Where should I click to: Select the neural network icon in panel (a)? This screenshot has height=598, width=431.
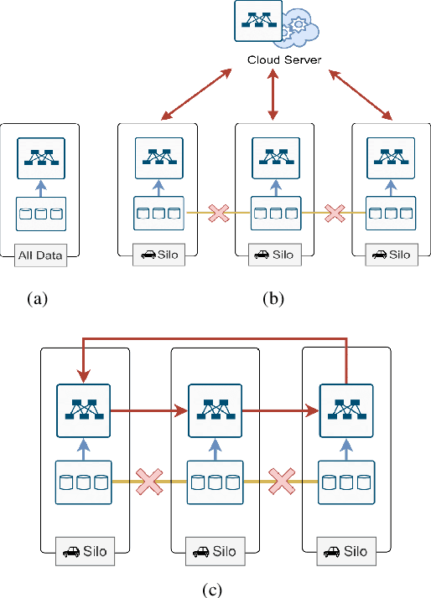(39, 157)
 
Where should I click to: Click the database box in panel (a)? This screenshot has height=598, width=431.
(39, 214)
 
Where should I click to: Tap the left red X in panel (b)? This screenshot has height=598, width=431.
(218, 214)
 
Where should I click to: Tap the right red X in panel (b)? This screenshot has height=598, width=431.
(335, 214)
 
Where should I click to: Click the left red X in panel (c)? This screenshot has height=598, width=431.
(149, 482)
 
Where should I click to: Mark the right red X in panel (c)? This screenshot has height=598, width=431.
(280, 482)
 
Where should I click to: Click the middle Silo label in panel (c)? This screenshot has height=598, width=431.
(215, 552)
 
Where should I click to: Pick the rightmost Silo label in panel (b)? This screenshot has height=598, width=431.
(390, 254)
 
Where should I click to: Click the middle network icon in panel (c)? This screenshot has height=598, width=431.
(215, 410)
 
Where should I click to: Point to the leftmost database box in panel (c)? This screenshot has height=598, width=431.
(84, 482)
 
